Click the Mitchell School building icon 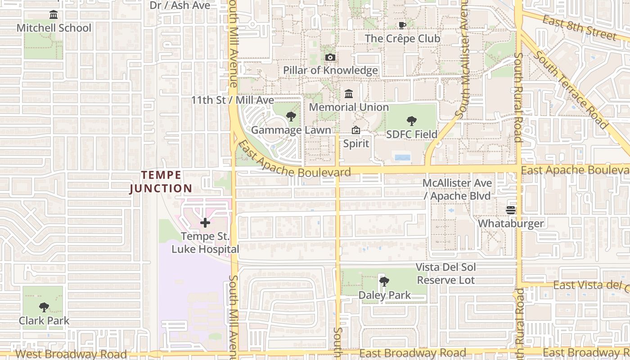[x=54, y=15]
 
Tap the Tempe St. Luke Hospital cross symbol [x=205, y=223]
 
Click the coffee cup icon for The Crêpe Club [x=402, y=25]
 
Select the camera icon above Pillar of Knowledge [x=330, y=57]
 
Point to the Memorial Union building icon [x=349, y=94]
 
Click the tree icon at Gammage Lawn [x=291, y=117]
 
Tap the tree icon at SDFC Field [x=411, y=121]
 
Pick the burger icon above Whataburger [x=511, y=210]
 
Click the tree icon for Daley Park [x=384, y=282]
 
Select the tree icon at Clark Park [x=44, y=307]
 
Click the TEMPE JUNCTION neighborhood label [x=161, y=182]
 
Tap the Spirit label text [x=356, y=144]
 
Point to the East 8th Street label [x=580, y=27]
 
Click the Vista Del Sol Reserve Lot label [x=446, y=274]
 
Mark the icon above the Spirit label [x=356, y=130]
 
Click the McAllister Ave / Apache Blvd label [x=457, y=189]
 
